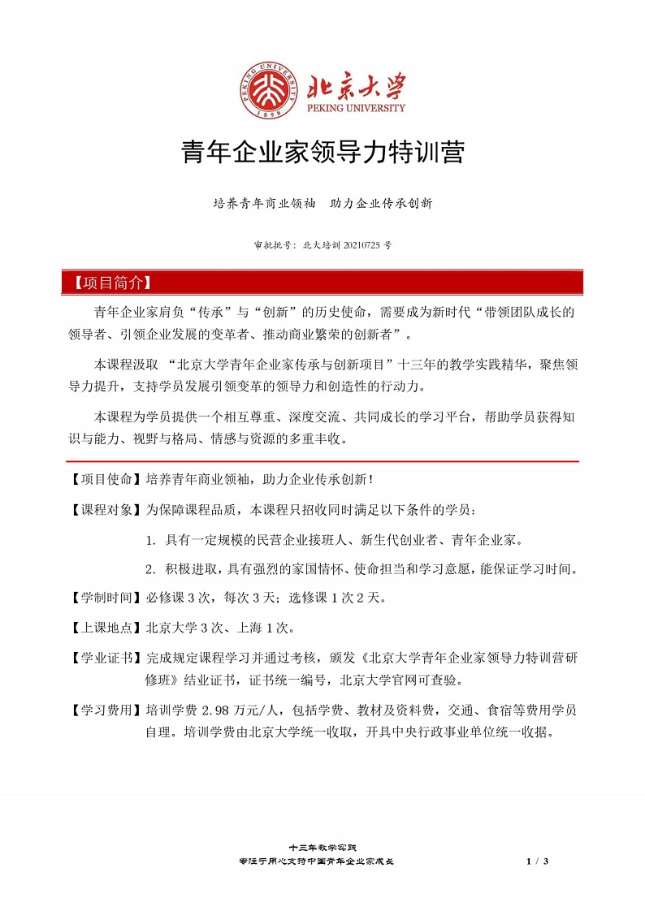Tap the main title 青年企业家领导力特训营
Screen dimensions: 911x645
coord(322,152)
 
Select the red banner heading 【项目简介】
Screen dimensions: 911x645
coord(108,283)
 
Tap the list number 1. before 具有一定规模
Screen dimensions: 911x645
coord(150,539)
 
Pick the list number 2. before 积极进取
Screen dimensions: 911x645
coord(150,568)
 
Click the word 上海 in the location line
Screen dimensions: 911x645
coord(244,628)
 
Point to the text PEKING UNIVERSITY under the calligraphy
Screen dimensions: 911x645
coord(356,107)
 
